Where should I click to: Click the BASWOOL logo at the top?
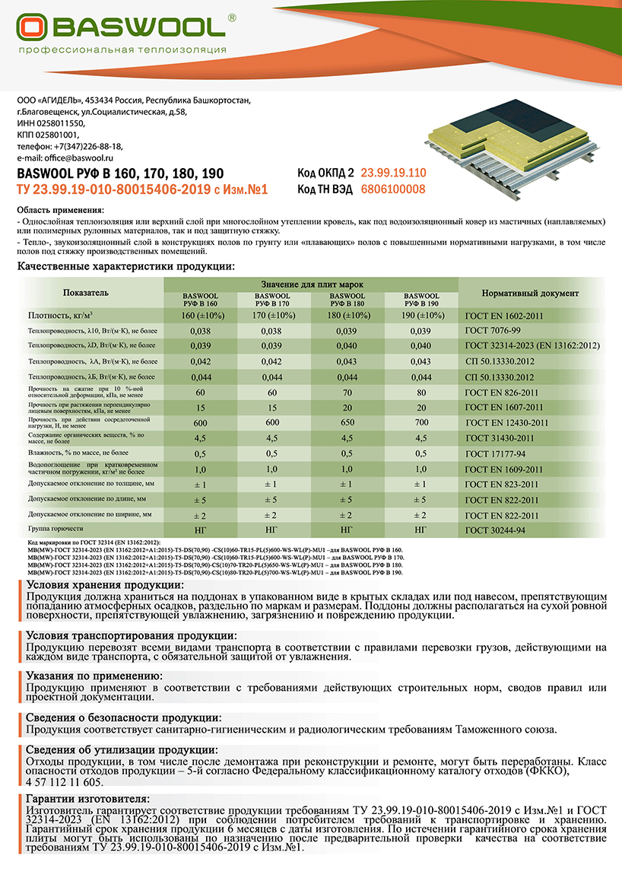tap(122, 28)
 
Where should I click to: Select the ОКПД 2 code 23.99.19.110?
tap(393, 173)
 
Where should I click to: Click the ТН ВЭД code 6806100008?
tap(392, 189)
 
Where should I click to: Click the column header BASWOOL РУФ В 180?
tap(347, 299)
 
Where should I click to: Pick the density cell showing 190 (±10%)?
tap(420, 315)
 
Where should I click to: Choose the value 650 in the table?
tap(347, 422)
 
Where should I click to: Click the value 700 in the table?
tap(420, 422)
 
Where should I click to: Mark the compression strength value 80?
tap(420, 392)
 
